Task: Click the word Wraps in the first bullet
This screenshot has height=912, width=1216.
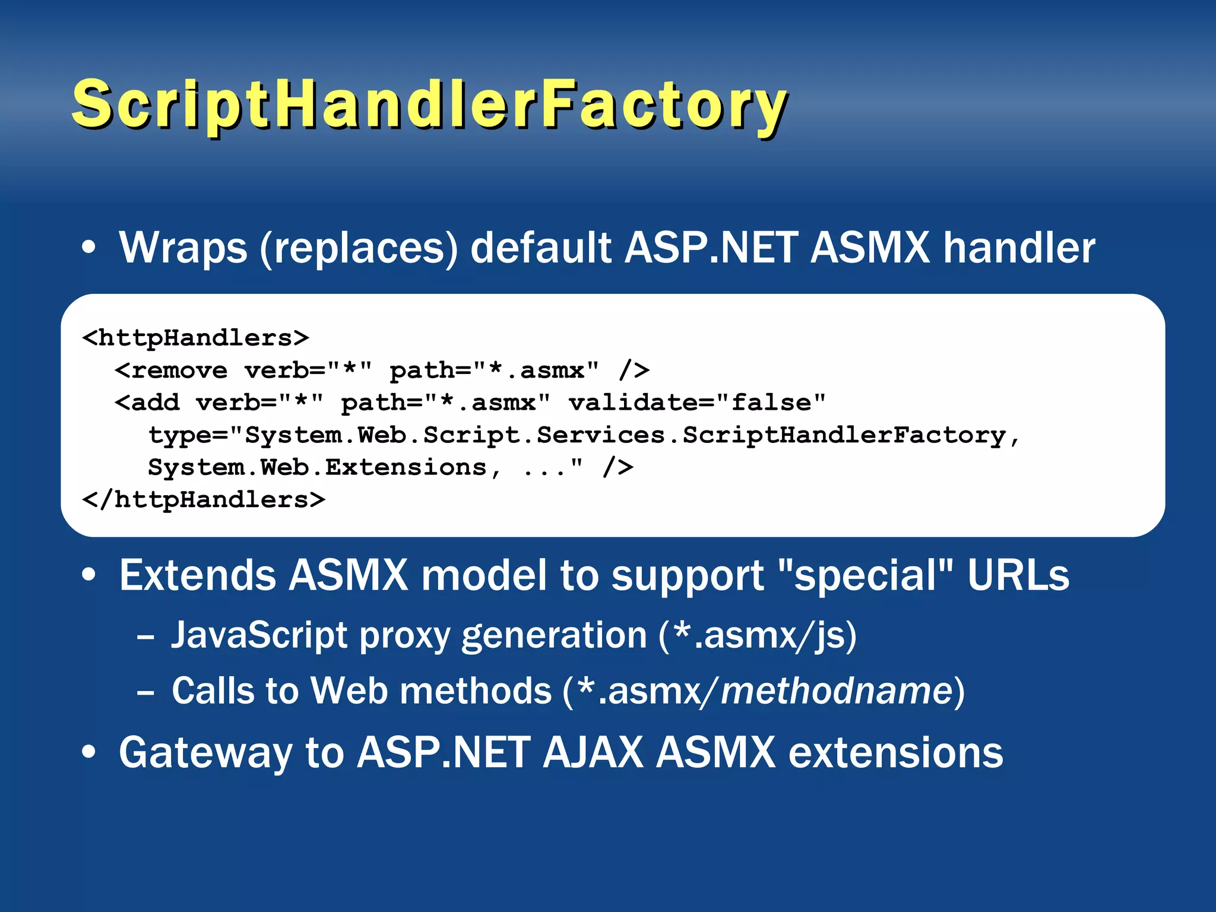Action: coord(183,248)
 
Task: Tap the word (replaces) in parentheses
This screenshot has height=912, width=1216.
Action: coord(359,248)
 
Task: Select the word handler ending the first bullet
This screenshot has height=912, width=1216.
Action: coord(1019,248)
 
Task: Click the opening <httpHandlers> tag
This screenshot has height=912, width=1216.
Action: coord(196,338)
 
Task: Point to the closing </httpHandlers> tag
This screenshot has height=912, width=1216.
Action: coord(204,500)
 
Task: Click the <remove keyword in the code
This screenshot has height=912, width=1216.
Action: coord(171,370)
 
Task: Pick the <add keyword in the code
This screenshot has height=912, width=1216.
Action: coord(147,403)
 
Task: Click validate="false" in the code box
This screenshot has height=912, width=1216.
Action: coord(697,403)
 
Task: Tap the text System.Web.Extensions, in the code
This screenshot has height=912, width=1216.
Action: coord(324,467)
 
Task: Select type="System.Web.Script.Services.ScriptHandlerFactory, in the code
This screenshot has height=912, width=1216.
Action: coord(584,435)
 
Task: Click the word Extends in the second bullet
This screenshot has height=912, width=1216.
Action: coord(197,575)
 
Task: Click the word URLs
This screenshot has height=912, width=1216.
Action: coord(1018,575)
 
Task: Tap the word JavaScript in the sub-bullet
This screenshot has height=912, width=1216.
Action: coord(259,635)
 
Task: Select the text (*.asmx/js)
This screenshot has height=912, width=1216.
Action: coord(758,635)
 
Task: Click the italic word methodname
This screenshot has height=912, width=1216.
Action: coord(837,691)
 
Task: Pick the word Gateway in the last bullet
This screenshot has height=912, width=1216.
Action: coord(205,753)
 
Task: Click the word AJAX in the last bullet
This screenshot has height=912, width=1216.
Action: coord(592,752)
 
